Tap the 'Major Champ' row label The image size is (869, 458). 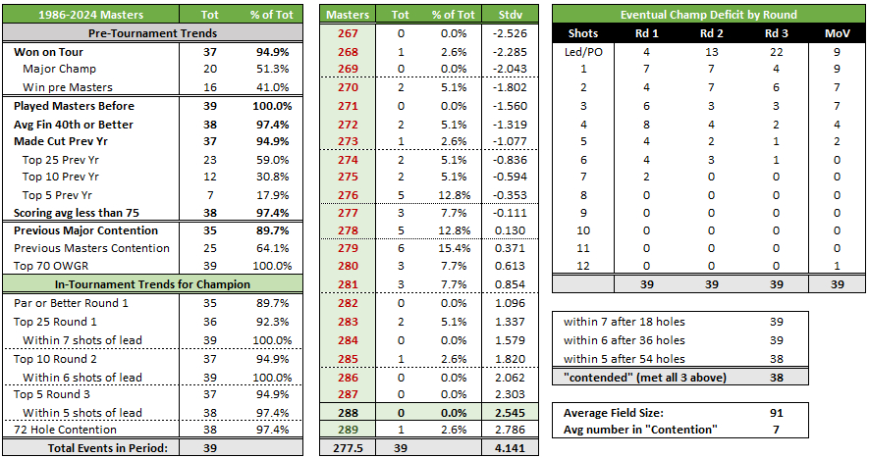pyautogui.click(x=61, y=70)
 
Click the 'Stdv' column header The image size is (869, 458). pyautogui.click(x=511, y=15)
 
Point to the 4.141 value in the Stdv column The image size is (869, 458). pyautogui.click(x=511, y=447)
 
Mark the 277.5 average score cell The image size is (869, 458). pyautogui.click(x=348, y=447)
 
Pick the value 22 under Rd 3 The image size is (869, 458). pyautogui.click(x=772, y=51)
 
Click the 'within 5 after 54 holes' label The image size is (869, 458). pyautogui.click(x=624, y=358)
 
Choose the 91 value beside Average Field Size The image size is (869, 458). pyautogui.click(x=776, y=412)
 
